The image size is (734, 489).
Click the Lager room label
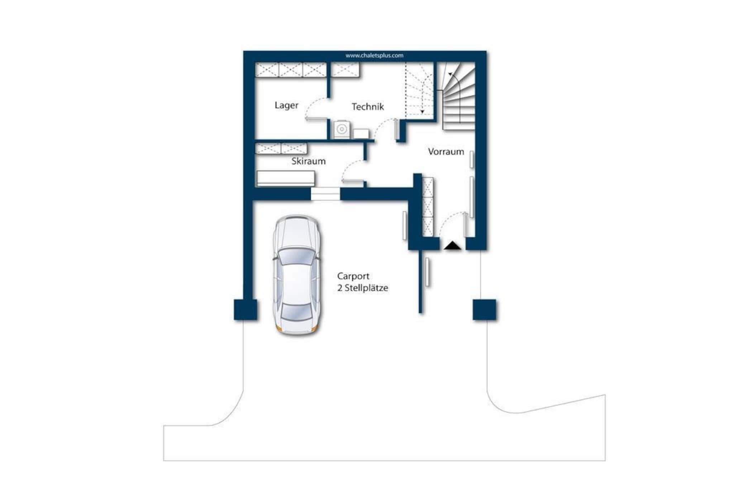click(x=286, y=105)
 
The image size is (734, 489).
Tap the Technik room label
click(x=368, y=106)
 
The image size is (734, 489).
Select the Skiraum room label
click(x=309, y=161)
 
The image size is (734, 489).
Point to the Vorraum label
click(x=446, y=152)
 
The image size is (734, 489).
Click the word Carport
click(x=353, y=276)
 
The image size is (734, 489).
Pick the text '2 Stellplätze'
click(x=363, y=288)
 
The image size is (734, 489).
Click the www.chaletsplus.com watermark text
click(x=375, y=56)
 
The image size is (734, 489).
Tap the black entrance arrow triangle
click(x=453, y=245)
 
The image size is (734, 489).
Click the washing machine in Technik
click(x=341, y=129)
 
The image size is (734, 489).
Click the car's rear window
click(x=297, y=312)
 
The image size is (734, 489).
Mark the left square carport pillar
click(x=246, y=310)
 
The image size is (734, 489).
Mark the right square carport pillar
click(x=485, y=310)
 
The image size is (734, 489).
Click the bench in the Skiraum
click(x=286, y=178)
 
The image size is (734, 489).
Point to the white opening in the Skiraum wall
click(x=325, y=194)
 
